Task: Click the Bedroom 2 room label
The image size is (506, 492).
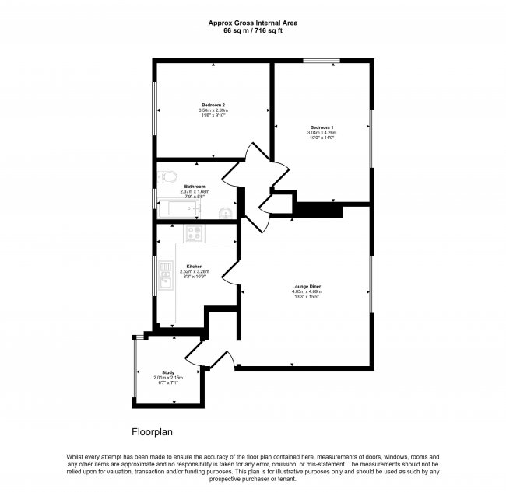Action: (213, 105)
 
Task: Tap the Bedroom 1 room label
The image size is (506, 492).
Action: (322, 127)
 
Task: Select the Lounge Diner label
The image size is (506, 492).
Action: (306, 286)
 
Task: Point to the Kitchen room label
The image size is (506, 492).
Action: (195, 266)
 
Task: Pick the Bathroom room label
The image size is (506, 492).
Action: (195, 187)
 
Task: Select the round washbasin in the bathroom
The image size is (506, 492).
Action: (226, 211)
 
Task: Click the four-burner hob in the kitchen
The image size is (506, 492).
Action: (194, 232)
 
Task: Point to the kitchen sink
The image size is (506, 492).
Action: (166, 274)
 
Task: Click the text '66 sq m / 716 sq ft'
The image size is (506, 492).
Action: (253, 32)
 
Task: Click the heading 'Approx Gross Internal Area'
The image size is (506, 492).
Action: (253, 23)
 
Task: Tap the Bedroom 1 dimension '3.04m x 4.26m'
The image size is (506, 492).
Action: (322, 132)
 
